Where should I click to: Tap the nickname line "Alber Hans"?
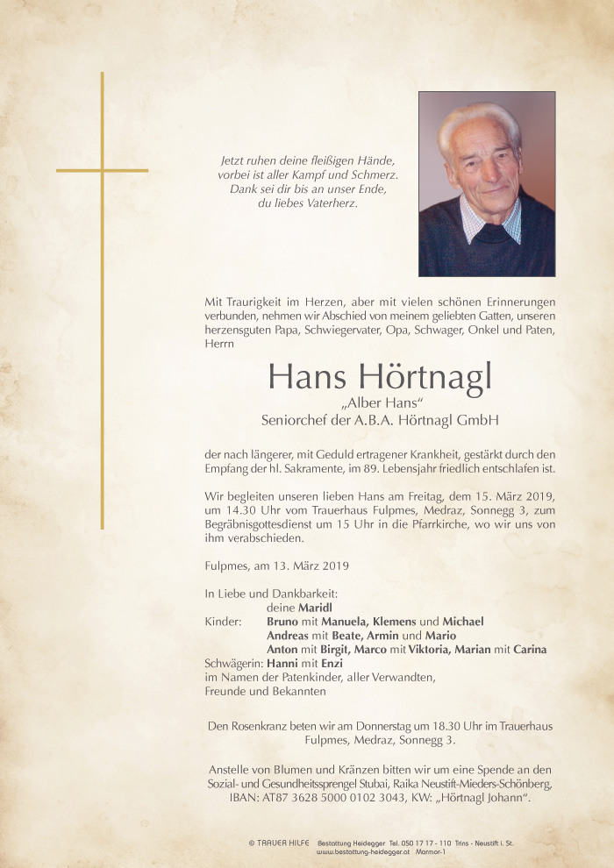click(380, 402)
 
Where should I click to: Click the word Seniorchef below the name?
click(292, 420)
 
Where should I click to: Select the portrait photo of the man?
click(486, 184)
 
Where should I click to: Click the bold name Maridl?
click(315, 608)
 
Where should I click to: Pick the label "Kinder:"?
click(223, 622)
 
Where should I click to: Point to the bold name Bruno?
click(282, 622)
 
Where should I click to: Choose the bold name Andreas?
click(288, 636)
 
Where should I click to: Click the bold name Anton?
click(282, 650)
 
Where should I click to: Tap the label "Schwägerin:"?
click(233, 664)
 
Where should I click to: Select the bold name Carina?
click(531, 650)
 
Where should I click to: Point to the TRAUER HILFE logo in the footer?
click(279, 843)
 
